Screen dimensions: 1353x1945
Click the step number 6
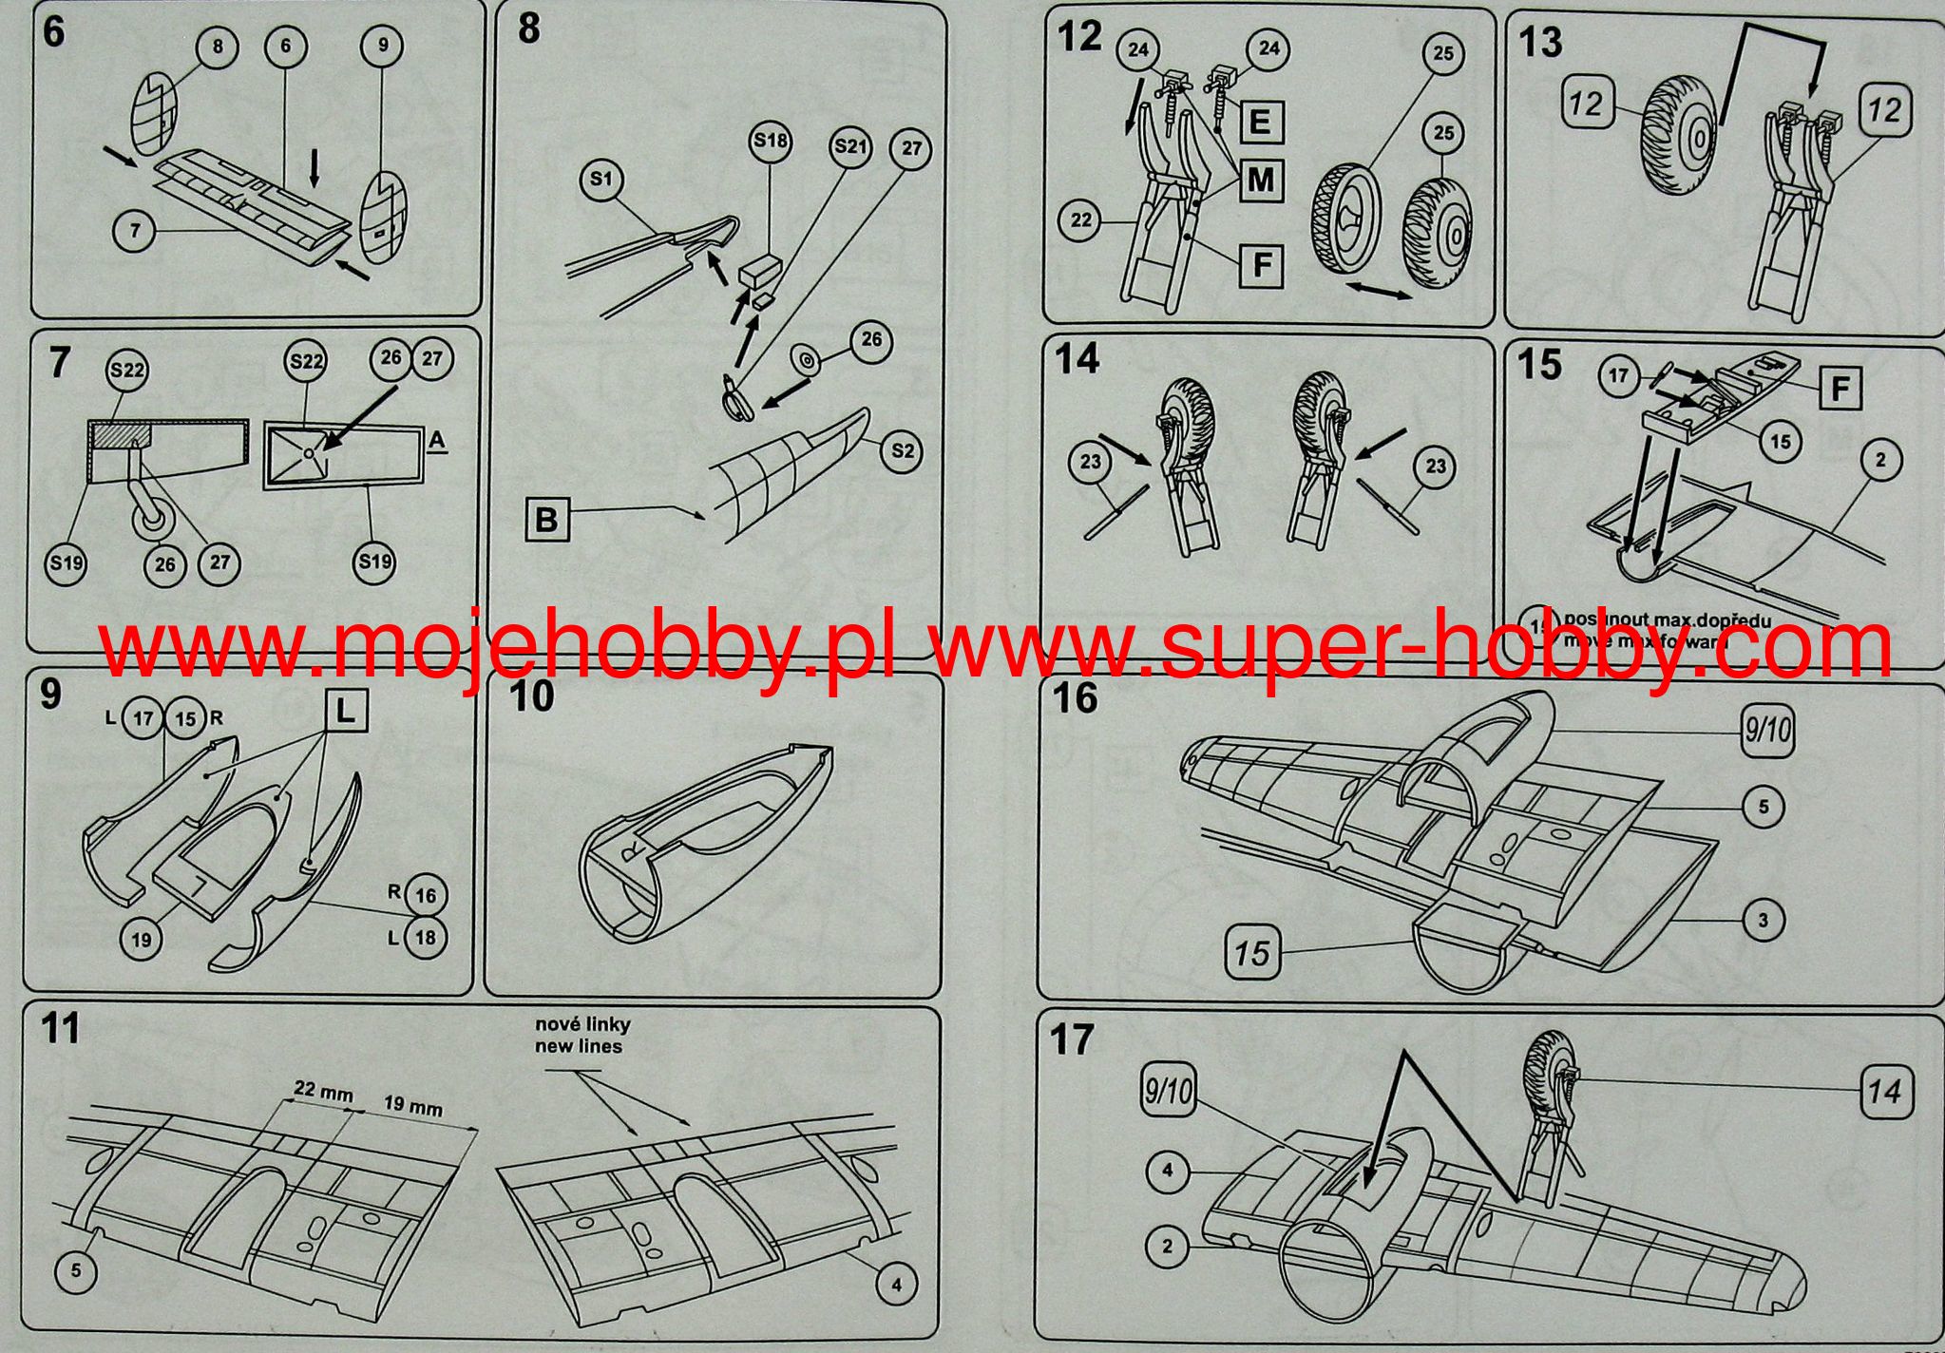tap(54, 31)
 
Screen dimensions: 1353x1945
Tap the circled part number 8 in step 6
tap(218, 46)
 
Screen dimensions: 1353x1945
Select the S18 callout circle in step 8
tap(771, 142)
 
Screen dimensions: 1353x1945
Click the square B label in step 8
tap(547, 520)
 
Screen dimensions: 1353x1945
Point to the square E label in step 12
tap(1261, 122)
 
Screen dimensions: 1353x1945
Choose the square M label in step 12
tap(1261, 179)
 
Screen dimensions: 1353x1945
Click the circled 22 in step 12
tap(1081, 220)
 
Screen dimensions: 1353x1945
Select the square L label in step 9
tap(346, 710)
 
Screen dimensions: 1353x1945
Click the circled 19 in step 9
tap(142, 940)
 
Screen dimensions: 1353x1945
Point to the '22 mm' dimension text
tap(323, 1092)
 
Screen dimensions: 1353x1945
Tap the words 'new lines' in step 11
tap(578, 1046)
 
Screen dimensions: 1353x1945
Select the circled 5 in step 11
tap(76, 1272)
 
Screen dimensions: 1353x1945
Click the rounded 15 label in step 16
tap(1251, 952)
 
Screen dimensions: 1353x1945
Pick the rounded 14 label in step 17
tap(1885, 1091)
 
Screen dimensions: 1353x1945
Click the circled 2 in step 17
tap(1168, 1247)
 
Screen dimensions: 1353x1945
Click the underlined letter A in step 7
tap(437, 441)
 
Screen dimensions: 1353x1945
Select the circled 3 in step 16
tap(1764, 920)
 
